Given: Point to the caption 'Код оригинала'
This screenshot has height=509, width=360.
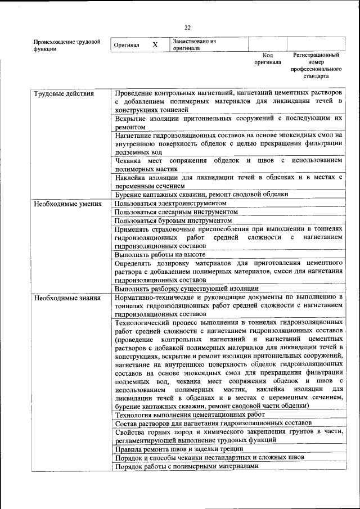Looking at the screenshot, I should pos(268,59).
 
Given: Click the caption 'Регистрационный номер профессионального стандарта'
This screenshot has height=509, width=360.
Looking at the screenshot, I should pos(316,66).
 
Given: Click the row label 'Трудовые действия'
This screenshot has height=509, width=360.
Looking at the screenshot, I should pos(64,93).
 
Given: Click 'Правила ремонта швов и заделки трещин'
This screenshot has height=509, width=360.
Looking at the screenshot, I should pos(179,449).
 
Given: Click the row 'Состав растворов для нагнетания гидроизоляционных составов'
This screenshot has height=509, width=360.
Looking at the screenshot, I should pos(212,422).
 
